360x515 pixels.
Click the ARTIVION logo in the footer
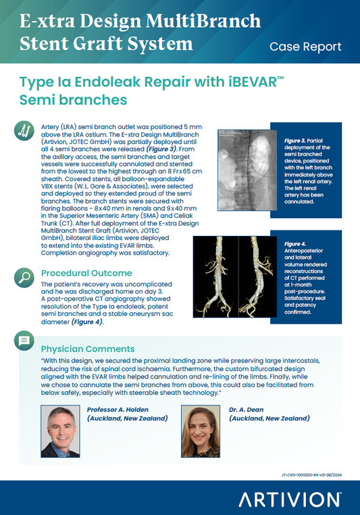[289, 500]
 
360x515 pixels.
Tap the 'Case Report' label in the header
[305, 47]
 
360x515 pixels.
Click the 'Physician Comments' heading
[88, 349]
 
